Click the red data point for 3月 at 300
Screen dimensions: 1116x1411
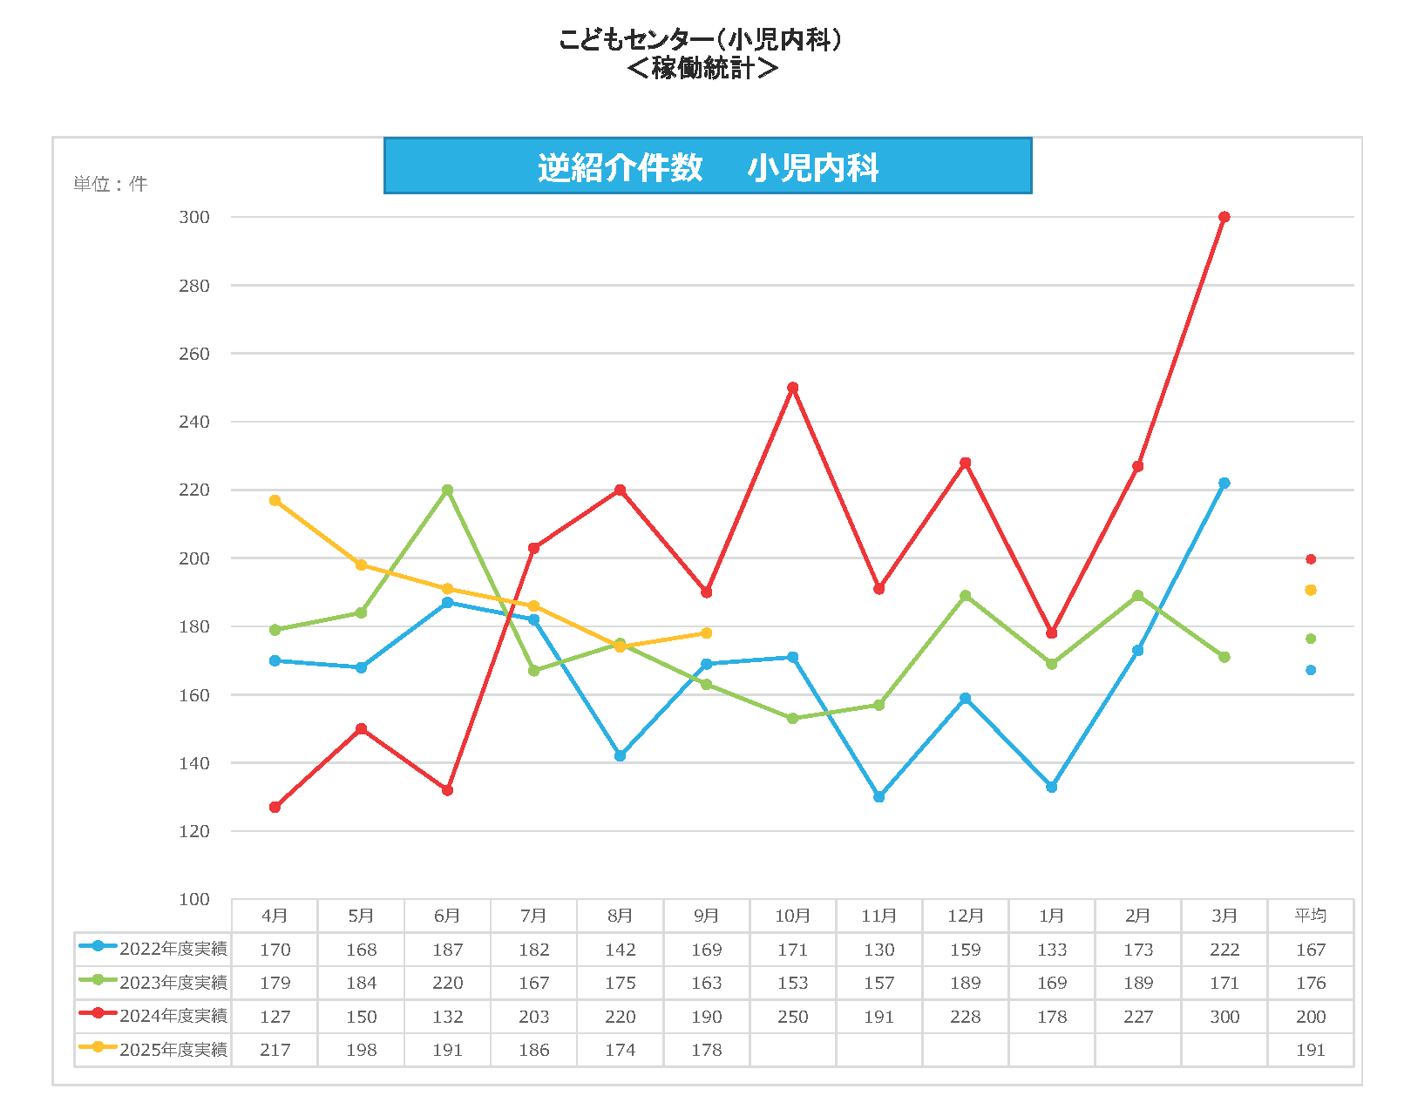pos(1224,217)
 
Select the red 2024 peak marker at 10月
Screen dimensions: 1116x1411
pos(792,388)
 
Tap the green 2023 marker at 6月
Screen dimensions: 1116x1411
pos(447,490)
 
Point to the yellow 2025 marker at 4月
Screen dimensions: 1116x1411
pos(275,500)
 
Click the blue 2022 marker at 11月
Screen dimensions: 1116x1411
pos(878,796)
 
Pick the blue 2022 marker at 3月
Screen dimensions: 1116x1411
pos(1224,483)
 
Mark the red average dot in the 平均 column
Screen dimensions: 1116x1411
pos(1310,559)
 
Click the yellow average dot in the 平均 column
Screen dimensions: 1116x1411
pos(1310,590)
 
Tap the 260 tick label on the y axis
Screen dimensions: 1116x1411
pos(194,354)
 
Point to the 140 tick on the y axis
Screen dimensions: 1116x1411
pos(194,763)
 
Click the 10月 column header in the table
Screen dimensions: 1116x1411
pos(792,916)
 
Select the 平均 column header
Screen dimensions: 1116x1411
pos(1310,916)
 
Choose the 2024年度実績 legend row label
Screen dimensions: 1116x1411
pos(173,1016)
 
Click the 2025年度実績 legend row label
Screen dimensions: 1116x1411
pos(173,1050)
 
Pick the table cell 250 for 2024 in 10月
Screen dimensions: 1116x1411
pos(792,1017)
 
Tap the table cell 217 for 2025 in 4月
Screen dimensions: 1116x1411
pos(275,1050)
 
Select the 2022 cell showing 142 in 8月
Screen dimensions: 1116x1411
pos(620,950)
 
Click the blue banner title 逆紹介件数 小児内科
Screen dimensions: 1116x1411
pos(708,166)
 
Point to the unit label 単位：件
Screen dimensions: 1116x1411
pos(110,184)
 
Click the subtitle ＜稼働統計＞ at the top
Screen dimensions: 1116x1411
pos(702,68)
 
